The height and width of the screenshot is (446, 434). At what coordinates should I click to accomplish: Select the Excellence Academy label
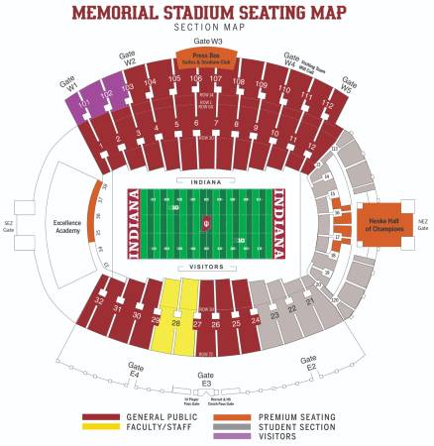coord(66,227)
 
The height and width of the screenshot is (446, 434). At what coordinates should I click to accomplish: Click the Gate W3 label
coord(208,42)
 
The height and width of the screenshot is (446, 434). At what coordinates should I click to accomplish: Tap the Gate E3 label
coord(206,379)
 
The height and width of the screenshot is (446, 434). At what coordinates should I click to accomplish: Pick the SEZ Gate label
coord(9,226)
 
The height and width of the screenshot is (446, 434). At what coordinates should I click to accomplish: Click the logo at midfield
coord(206,224)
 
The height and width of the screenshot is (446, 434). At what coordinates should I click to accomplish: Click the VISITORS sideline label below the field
coord(206,268)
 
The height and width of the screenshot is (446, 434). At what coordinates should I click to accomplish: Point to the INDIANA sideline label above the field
coord(206,181)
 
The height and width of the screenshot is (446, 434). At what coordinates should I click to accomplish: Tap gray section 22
coord(290,309)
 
